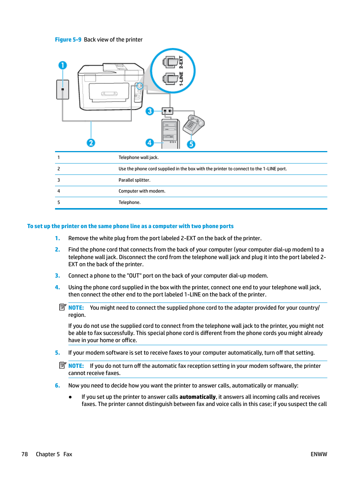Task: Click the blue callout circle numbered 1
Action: (x=63, y=65)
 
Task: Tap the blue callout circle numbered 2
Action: (x=91, y=143)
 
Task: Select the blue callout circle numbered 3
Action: (x=150, y=111)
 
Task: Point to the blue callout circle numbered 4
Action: (x=150, y=143)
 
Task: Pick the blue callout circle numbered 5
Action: (x=191, y=144)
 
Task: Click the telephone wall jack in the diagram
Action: (x=63, y=90)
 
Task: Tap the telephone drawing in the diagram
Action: (x=193, y=125)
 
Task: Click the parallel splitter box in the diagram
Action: (x=168, y=111)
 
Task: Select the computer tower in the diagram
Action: (x=171, y=134)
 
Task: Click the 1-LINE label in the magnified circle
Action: (x=181, y=79)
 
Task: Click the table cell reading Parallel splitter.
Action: (x=134, y=180)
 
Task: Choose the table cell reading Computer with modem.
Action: (x=142, y=191)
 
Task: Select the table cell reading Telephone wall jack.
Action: (x=138, y=157)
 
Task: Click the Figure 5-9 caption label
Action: (x=68, y=40)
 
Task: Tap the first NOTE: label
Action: (x=76, y=308)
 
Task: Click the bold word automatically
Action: (x=197, y=397)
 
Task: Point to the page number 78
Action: (x=25, y=454)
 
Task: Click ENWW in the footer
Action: (x=319, y=454)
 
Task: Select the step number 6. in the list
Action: (x=57, y=386)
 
